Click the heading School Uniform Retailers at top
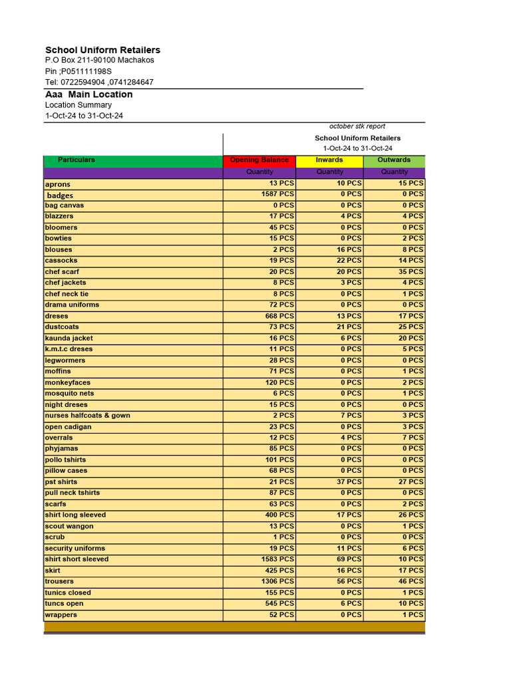tap(102, 50)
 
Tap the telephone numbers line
tap(99, 82)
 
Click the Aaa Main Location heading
tap(88, 94)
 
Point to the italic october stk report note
tap(357, 126)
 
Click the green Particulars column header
tap(77, 160)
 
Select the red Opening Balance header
tap(259, 160)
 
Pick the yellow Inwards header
tap(329, 160)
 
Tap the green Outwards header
tap(394, 160)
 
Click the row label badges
tap(60, 196)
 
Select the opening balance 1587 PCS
tap(277, 194)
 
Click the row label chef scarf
tap(62, 272)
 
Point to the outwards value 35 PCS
tap(411, 272)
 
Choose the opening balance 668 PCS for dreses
tap(279, 316)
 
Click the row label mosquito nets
tap(69, 394)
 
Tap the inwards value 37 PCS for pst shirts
tap(349, 482)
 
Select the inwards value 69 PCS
tap(349, 559)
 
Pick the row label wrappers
tap(61, 615)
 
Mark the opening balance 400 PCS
tap(279, 515)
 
